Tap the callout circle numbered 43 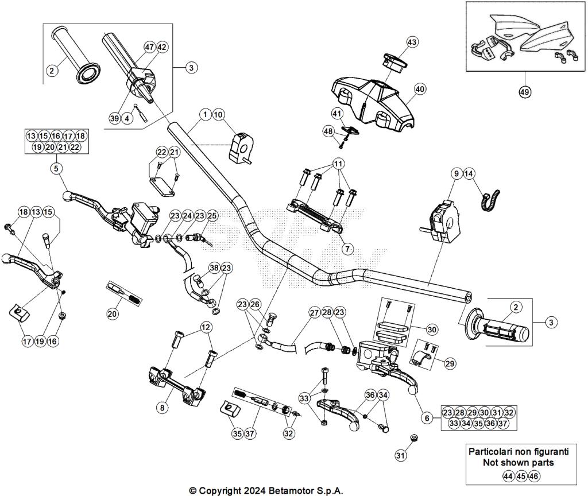pos(412,42)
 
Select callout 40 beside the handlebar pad pos(420,89)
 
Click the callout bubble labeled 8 pos(163,408)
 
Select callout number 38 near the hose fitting pos(214,268)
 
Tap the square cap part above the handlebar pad pos(394,61)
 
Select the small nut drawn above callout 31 pos(412,439)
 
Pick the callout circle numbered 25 pos(212,216)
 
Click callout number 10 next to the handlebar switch pos(218,115)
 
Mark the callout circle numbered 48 pos(328,131)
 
